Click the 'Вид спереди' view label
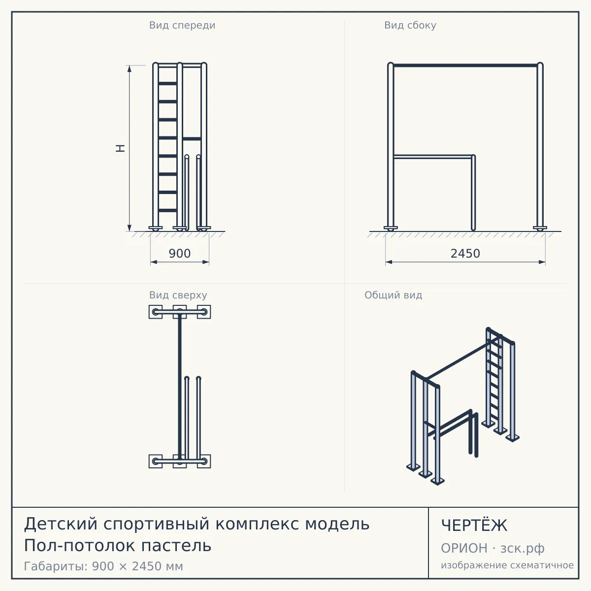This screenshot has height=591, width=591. pyautogui.click(x=182, y=25)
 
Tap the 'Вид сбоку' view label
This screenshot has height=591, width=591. pyautogui.click(x=410, y=25)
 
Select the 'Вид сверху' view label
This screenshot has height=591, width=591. pyautogui.click(x=178, y=295)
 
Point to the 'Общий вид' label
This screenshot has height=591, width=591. pyautogui.click(x=393, y=295)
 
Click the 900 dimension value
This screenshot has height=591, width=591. pyautogui.click(x=180, y=253)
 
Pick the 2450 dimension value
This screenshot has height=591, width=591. pyautogui.click(x=465, y=253)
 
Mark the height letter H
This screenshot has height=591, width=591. pyautogui.click(x=120, y=148)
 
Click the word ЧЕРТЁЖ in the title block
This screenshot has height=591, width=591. pyautogui.click(x=474, y=525)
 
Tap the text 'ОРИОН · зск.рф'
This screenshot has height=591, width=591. pyautogui.click(x=492, y=548)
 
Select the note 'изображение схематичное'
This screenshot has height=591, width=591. pyautogui.click(x=507, y=565)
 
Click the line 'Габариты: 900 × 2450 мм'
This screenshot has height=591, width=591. pyautogui.click(x=103, y=566)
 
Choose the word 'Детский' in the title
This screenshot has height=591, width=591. pyautogui.click(x=61, y=524)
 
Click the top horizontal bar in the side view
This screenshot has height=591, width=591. pyautogui.click(x=465, y=66)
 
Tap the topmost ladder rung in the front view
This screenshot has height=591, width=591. pyautogui.click(x=167, y=83)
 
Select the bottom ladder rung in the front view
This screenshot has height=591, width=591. pyautogui.click(x=167, y=210)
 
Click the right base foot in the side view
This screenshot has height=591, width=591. pyautogui.click(x=540, y=228)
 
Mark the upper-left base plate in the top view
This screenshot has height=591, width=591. pyautogui.click(x=156, y=312)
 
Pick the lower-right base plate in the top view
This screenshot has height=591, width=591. pyautogui.click(x=204, y=461)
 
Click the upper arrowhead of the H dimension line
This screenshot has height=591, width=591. pyautogui.click(x=130, y=68)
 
